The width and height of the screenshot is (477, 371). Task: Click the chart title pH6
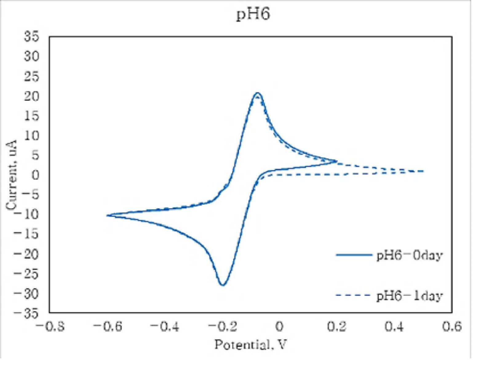click(x=253, y=15)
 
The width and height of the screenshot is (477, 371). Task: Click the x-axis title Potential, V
click(x=250, y=344)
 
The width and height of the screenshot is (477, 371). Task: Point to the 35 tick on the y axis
click(x=31, y=36)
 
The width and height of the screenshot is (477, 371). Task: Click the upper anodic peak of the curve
click(x=257, y=93)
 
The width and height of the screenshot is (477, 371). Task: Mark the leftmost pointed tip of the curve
click(x=107, y=215)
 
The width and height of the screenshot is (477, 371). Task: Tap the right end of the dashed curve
click(x=423, y=171)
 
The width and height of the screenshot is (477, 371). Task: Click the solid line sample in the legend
click(x=354, y=255)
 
